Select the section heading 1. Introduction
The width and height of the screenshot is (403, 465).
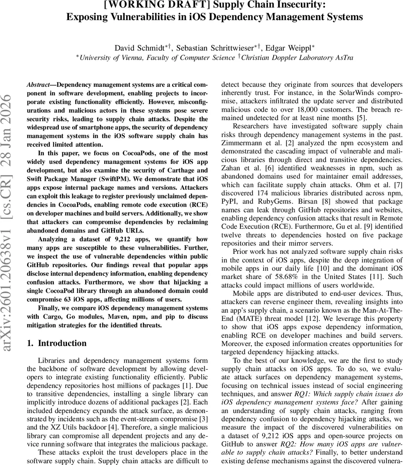click(57, 343)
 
